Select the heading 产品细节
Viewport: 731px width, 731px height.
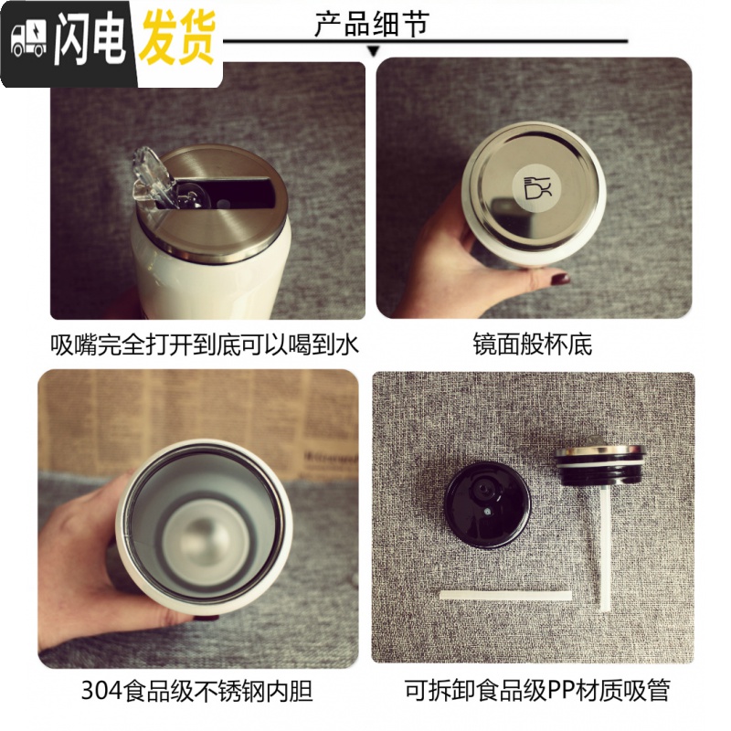[371, 24]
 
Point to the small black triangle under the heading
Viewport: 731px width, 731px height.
[374, 51]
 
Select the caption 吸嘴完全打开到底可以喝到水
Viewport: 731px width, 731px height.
[206, 345]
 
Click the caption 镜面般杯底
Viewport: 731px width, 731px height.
[533, 344]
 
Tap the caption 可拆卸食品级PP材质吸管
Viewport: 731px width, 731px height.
[537, 691]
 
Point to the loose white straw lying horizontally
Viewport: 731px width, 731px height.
[505, 595]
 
